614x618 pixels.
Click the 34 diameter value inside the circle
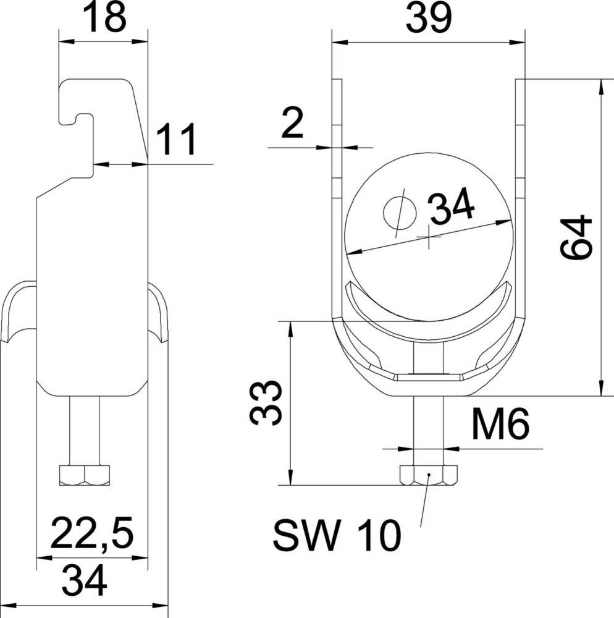[x=452, y=208]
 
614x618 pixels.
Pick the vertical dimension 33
[x=266, y=404]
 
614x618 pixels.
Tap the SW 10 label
[x=337, y=535]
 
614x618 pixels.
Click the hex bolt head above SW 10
[x=428, y=475]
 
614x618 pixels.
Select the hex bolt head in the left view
[x=85, y=475]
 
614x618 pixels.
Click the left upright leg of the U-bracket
[x=337, y=185]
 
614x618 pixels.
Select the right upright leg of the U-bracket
[x=520, y=185]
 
